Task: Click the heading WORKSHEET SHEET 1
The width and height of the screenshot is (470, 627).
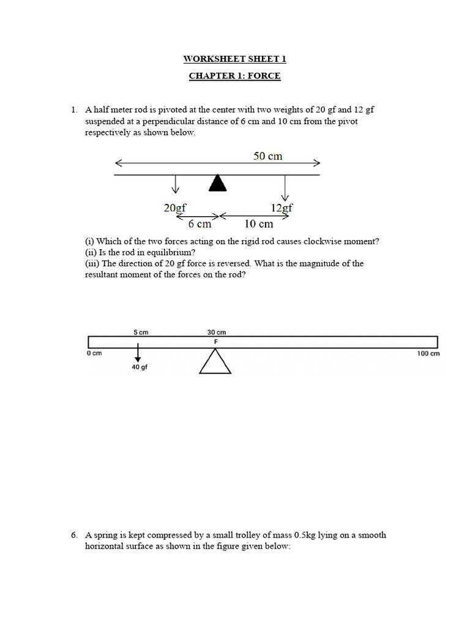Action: tap(234, 59)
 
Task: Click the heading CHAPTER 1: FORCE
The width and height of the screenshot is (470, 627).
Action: tap(234, 76)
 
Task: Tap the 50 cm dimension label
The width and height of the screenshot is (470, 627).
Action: tap(268, 156)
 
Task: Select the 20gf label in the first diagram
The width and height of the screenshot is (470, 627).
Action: tap(174, 208)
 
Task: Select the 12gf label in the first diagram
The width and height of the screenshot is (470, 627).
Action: tap(282, 208)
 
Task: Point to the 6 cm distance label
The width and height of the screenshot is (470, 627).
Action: tap(200, 224)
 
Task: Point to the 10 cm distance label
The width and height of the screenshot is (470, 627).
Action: tap(259, 224)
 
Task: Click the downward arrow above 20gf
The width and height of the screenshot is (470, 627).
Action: tap(176, 184)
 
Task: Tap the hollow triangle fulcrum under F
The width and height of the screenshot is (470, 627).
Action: tap(215, 363)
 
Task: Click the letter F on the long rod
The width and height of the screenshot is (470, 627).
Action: tap(215, 342)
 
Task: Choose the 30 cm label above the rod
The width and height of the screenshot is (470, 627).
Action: tap(217, 332)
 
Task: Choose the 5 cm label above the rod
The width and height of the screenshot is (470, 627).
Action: tap(141, 332)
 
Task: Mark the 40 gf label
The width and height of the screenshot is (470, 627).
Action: tap(140, 367)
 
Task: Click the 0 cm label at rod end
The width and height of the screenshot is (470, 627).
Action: tap(94, 353)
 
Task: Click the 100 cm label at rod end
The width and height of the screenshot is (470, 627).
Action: tap(428, 353)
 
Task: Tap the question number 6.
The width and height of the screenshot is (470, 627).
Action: tap(73, 535)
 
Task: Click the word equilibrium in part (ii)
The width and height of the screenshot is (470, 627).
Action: tap(142, 252)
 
